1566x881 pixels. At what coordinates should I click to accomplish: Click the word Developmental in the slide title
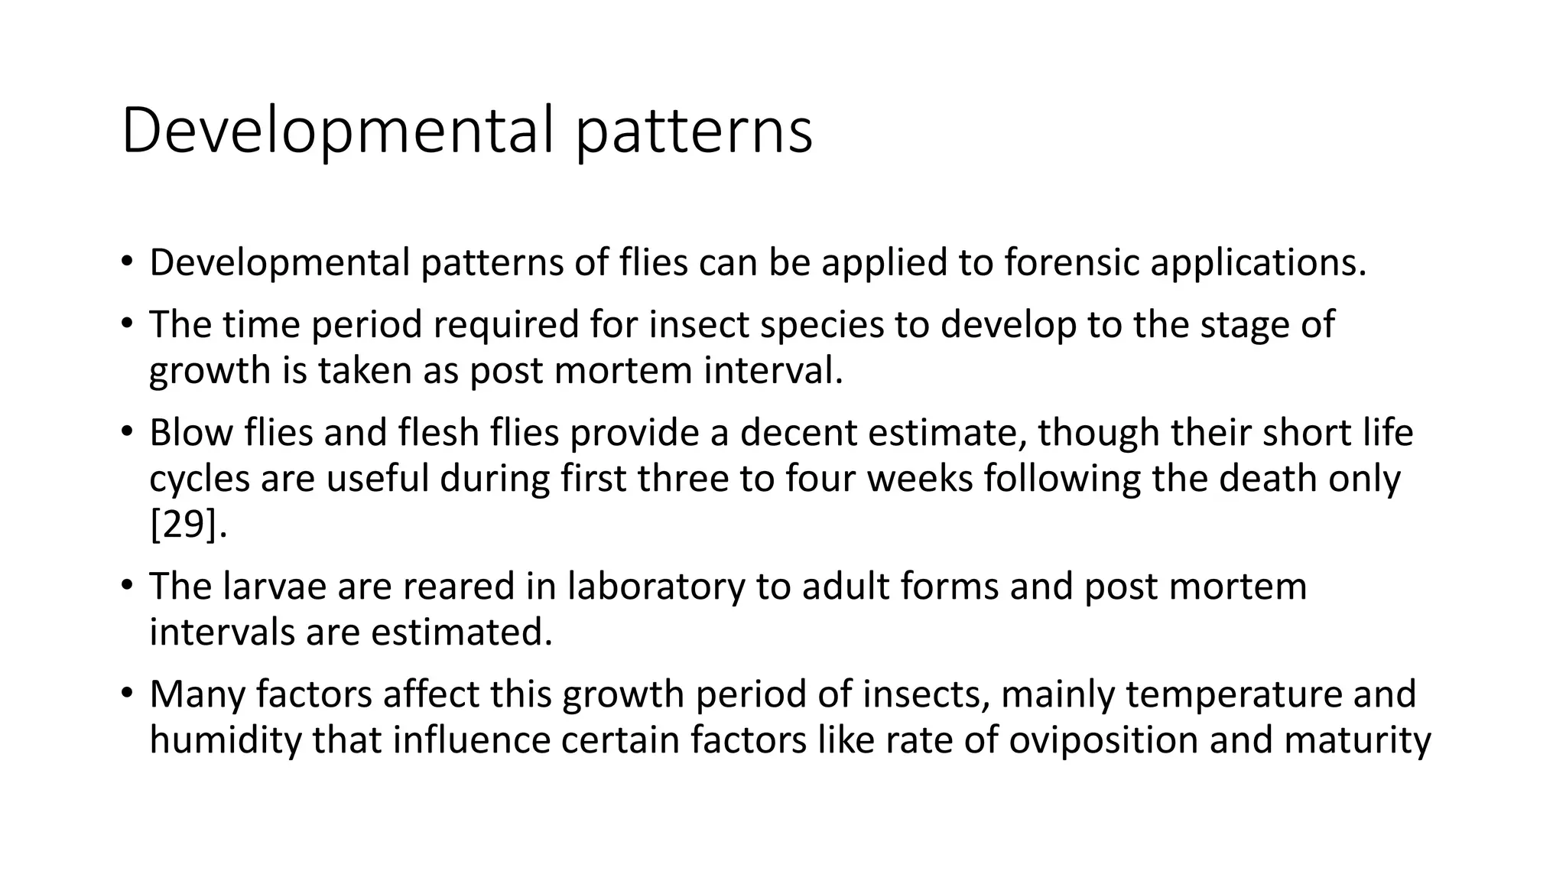tap(336, 131)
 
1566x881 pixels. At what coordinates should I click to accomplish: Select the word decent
tap(798, 433)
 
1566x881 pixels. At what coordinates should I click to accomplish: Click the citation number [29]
tap(188, 525)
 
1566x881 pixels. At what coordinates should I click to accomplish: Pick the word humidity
tap(225, 741)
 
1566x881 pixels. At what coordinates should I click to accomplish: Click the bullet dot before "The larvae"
tap(126, 586)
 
